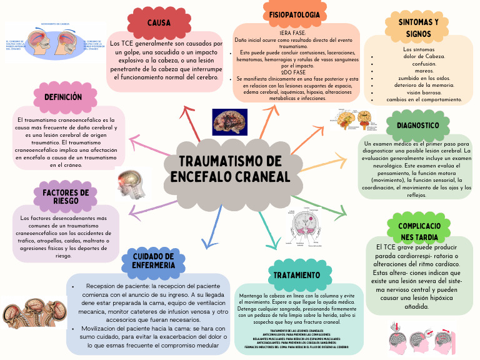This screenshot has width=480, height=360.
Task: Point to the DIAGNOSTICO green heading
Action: click(417, 125)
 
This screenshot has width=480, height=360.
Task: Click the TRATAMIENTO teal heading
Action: click(297, 275)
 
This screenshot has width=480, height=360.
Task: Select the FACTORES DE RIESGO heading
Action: click(66, 196)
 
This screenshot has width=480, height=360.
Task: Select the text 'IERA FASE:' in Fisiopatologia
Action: click(292, 32)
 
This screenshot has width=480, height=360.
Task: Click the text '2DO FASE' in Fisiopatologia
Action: click(292, 72)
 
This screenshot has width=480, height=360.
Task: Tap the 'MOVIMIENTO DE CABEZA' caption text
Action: click(55, 24)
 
